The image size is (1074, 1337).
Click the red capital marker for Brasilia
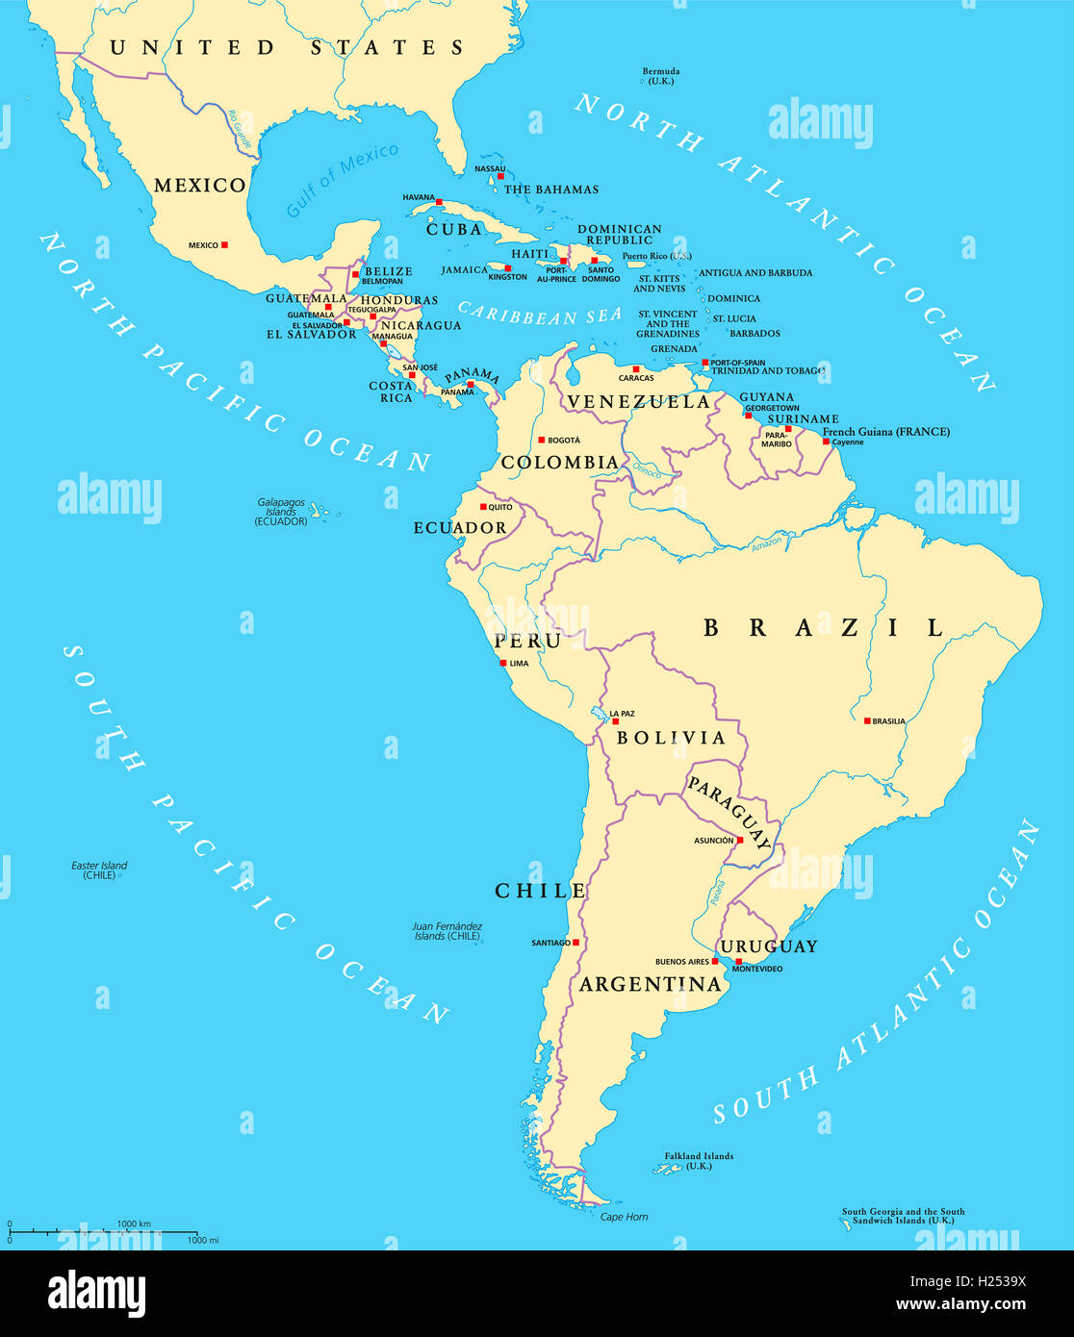click(x=866, y=720)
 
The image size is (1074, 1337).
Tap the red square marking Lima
click(x=502, y=663)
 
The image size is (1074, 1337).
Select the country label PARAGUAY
click(x=729, y=812)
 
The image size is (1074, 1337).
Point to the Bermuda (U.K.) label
click(x=661, y=76)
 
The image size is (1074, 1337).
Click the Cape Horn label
click(x=624, y=1217)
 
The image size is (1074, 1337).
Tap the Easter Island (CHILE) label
click(x=99, y=870)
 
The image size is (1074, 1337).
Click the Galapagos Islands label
click(x=281, y=511)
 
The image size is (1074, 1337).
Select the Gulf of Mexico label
click(x=342, y=180)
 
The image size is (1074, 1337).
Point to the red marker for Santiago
click(x=575, y=943)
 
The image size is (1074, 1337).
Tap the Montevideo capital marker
click(x=738, y=961)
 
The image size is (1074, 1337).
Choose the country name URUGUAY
click(x=769, y=946)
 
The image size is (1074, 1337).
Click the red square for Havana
click(x=439, y=202)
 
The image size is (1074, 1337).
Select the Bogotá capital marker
click(x=541, y=440)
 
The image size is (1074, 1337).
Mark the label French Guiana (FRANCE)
click(x=885, y=432)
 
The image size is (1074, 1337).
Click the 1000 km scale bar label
click(x=134, y=1223)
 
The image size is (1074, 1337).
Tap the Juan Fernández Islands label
click(x=447, y=931)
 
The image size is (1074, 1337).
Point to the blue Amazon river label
click(x=766, y=543)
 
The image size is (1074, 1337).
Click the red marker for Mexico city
click(x=224, y=244)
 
